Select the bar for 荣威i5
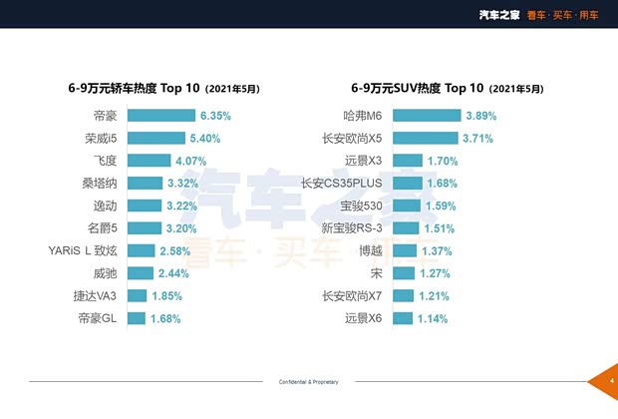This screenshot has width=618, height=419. pyautogui.click(x=155, y=138)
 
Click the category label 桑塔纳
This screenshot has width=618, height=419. pyautogui.click(x=101, y=184)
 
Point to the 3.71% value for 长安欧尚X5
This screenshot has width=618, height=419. pyautogui.click(x=477, y=138)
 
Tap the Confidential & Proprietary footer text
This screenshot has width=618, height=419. pyautogui.click(x=309, y=382)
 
